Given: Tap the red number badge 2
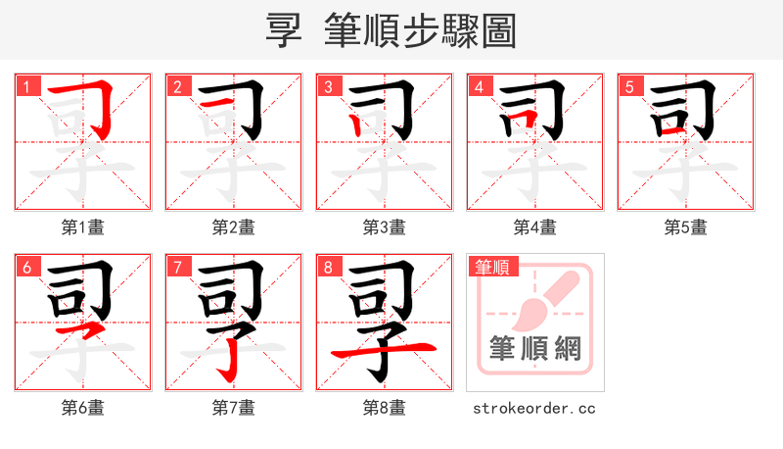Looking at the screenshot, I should (x=177, y=86).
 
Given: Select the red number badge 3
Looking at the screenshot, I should (x=328, y=86).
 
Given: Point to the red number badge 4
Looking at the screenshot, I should (x=479, y=86).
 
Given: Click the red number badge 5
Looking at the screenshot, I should (x=629, y=86).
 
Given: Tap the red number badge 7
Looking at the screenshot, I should (x=177, y=267).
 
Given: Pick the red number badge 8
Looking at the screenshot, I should (x=328, y=267).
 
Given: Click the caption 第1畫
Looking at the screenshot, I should (x=83, y=227).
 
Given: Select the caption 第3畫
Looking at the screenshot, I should (x=385, y=227).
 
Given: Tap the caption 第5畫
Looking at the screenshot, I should (x=686, y=227).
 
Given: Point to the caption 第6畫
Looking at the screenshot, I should (x=83, y=408).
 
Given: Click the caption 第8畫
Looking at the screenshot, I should (x=385, y=408).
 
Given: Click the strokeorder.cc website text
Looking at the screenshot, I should (x=534, y=408).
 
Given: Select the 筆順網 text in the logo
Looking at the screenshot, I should (x=534, y=348).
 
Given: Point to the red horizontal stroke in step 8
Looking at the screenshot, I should (x=384, y=349).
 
